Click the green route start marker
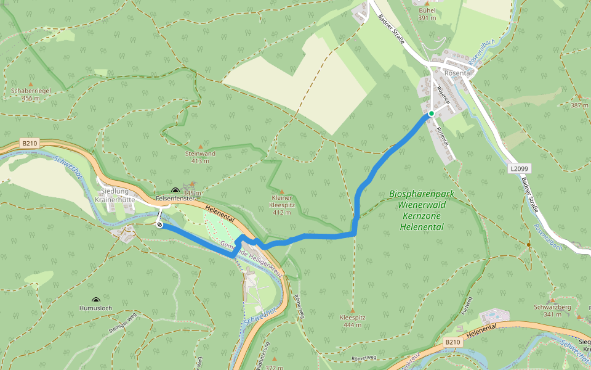point(432,113)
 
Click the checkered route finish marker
point(160,225)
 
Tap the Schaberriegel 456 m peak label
point(31,94)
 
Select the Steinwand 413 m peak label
point(200,157)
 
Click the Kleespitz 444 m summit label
point(352,321)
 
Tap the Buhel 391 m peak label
point(427,14)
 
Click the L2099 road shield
point(520,168)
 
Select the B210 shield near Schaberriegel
point(30,143)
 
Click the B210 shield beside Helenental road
point(452,341)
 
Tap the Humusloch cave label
point(95,308)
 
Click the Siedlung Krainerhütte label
point(115,195)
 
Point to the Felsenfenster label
point(175,199)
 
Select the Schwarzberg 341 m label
point(553,310)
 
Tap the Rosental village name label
point(457,73)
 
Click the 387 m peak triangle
point(579,97)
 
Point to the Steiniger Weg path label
point(122,322)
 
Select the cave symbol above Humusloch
point(95,300)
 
